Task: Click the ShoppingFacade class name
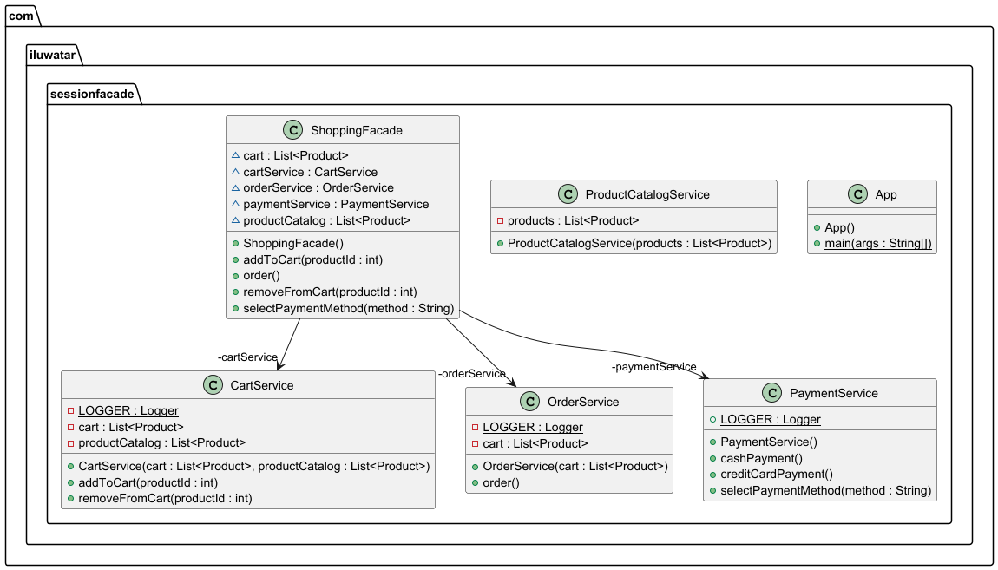point(357,130)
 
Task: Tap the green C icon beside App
point(857,194)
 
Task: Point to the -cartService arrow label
point(247,357)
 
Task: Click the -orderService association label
point(471,374)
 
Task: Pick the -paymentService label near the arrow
point(653,367)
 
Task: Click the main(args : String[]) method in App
point(878,244)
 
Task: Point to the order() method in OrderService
point(502,482)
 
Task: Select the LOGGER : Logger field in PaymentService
point(770,419)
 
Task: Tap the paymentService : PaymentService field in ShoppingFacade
point(336,204)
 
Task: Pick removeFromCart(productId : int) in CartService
point(166,498)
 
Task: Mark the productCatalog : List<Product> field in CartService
point(162,442)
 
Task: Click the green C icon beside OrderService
point(529,402)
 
